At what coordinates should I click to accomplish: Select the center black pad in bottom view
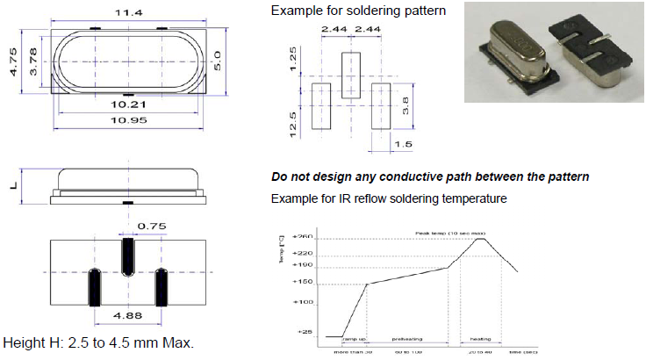[128, 256]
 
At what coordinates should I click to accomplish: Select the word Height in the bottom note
[21, 342]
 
